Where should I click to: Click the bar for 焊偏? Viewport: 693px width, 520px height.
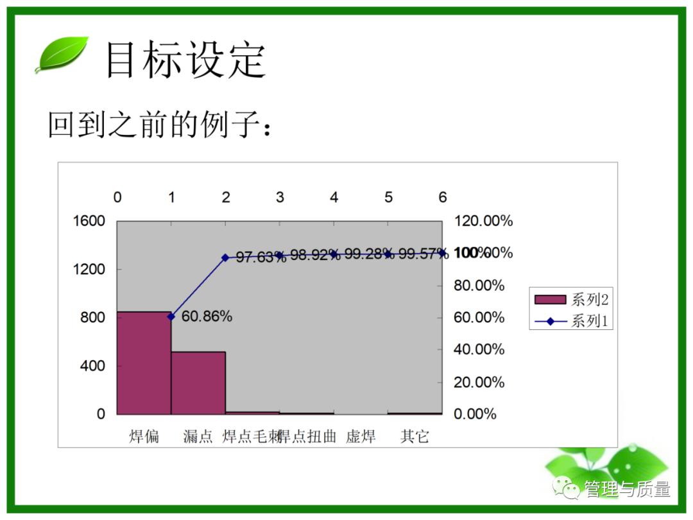point(144,363)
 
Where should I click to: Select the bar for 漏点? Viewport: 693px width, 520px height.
point(198,383)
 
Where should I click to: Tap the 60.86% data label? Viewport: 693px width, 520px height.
point(207,316)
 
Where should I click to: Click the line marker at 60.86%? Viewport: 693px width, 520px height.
point(171,316)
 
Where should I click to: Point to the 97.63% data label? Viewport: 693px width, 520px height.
point(261,257)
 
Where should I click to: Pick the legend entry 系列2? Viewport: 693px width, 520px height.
point(570,299)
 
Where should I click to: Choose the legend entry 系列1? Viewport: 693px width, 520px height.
point(570,321)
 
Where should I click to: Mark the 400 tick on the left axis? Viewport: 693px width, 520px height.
point(92,366)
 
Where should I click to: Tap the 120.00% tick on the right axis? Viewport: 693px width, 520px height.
point(483,221)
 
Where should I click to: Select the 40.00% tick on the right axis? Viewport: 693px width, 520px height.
point(479,350)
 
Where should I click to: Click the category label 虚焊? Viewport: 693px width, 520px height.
point(361,437)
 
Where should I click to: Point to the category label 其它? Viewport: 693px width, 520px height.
point(415,437)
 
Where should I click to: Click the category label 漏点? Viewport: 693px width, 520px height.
point(198,437)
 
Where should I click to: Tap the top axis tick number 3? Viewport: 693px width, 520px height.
point(280,197)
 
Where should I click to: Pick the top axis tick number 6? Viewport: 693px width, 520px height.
point(443,197)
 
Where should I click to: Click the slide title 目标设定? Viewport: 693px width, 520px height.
point(185,60)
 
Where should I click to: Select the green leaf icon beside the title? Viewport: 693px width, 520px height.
point(62,55)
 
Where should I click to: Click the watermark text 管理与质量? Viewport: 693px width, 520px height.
point(627,489)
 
